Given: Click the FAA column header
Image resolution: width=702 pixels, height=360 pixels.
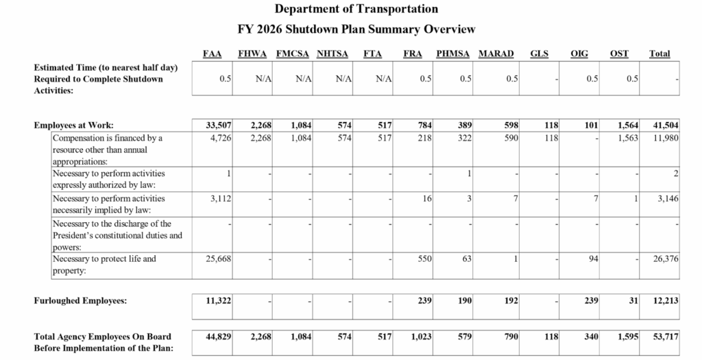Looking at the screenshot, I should point(213,53).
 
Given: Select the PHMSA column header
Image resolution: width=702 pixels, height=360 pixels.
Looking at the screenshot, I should point(453,53).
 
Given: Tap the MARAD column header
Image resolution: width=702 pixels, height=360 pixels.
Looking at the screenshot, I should point(496,53).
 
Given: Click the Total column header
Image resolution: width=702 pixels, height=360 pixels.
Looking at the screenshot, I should point(659,53).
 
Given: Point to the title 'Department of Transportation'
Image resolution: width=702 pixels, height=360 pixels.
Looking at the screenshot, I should point(356,10).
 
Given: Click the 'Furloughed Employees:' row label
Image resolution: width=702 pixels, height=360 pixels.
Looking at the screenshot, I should point(81,301).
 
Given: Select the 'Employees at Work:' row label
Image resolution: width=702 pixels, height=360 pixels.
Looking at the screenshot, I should point(73,125).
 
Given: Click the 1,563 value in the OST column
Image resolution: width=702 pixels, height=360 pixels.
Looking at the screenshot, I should point(626,138).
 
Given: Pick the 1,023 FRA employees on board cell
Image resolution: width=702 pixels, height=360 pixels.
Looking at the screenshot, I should point(420,337).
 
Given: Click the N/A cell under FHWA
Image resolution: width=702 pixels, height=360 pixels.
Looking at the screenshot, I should point(263,79).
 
